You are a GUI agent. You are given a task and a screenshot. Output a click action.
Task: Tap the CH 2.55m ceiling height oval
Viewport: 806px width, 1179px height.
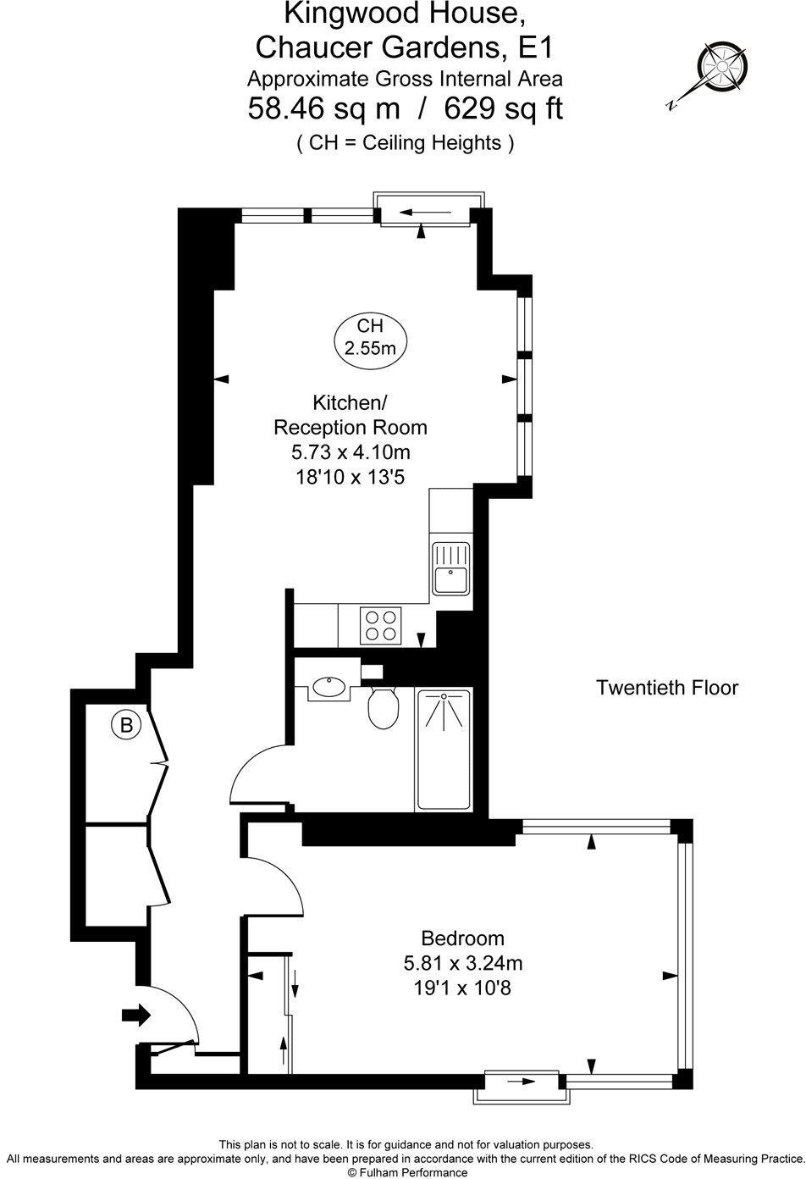(371, 337)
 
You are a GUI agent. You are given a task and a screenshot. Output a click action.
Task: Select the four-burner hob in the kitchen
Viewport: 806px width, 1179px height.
(380, 625)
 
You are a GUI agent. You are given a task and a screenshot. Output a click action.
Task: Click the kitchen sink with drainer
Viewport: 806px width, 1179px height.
(451, 569)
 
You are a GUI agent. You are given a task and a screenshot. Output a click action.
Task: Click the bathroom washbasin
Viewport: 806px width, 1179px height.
(328, 687)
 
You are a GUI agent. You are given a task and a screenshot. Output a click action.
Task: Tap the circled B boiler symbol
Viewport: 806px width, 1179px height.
(126, 726)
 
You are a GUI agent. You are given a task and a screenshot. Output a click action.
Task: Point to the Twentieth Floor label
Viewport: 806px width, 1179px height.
(667, 688)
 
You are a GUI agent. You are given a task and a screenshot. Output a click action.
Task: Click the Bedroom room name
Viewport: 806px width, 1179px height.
(463, 938)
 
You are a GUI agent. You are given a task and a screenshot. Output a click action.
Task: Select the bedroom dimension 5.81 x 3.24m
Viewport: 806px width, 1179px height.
(463, 963)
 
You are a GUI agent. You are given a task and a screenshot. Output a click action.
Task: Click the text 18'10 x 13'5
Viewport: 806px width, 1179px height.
(351, 477)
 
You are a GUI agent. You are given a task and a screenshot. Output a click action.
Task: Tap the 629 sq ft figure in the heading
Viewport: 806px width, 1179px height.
(504, 109)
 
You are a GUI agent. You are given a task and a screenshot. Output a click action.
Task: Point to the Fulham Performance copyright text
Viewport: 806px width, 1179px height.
(407, 1171)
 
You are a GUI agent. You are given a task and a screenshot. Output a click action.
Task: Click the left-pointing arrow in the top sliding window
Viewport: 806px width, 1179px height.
(426, 213)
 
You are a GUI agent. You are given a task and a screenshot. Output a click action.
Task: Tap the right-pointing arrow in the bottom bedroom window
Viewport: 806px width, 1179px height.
(522, 1082)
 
